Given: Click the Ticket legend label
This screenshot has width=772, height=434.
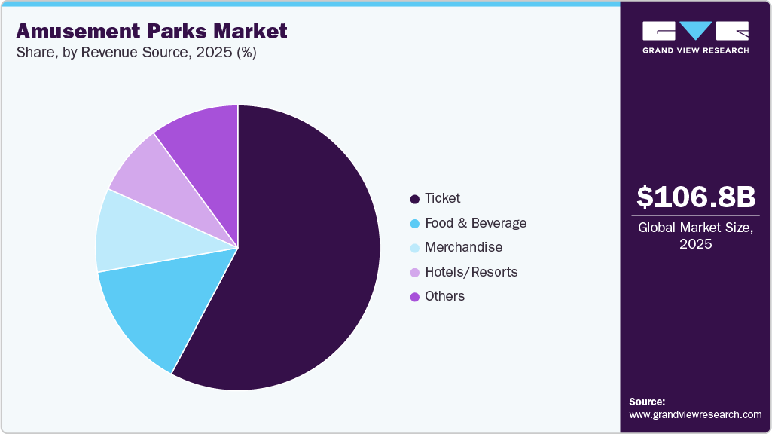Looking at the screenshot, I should click(x=442, y=198).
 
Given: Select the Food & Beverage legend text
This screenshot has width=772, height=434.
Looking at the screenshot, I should click(x=475, y=223).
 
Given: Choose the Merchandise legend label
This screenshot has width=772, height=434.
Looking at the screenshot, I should click(x=463, y=247).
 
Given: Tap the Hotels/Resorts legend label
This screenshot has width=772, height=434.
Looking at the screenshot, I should click(x=471, y=272).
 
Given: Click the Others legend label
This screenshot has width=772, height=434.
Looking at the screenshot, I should click(x=444, y=296).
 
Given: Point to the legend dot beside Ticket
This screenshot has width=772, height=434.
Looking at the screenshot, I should click(x=414, y=199).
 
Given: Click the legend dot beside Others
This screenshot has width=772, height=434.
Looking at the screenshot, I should click(x=414, y=297).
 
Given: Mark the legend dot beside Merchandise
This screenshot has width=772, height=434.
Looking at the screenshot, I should click(x=414, y=248).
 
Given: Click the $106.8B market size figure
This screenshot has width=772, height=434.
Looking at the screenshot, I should click(x=695, y=197).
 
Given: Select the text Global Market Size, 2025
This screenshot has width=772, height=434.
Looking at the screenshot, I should click(x=695, y=236).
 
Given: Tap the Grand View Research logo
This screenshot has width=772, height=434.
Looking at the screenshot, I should click(x=695, y=37).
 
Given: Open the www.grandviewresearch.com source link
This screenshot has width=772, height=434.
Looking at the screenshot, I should click(x=695, y=415).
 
